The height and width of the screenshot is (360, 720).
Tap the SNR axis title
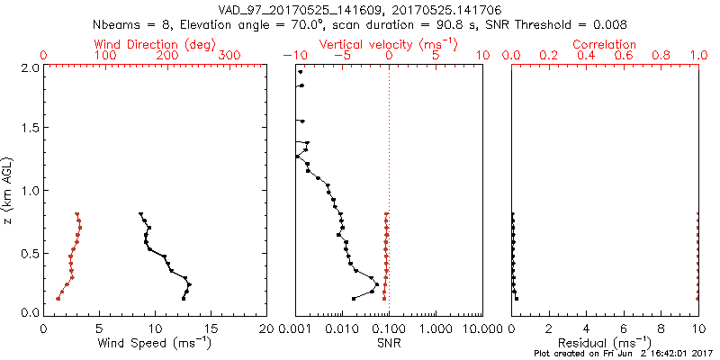point(388,342)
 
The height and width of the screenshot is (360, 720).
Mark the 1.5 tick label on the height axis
point(28,129)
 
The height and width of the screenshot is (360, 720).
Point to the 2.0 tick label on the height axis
point(28,67)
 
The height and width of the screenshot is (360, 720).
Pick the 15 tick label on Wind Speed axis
point(211,327)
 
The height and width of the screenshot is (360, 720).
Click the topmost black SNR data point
point(300,70)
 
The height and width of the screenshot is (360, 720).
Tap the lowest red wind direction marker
point(58,298)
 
